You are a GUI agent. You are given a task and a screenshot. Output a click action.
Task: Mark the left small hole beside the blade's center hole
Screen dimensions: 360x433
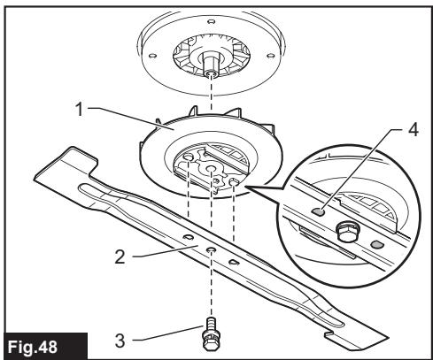click(x=188, y=239)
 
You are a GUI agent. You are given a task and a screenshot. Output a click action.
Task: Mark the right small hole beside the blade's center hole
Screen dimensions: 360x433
click(x=233, y=263)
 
